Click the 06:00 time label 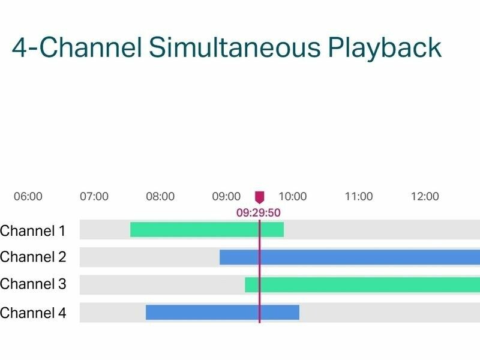28,196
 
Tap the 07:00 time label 94,196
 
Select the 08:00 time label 160,196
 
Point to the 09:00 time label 226,196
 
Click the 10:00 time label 293,196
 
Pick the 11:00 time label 359,196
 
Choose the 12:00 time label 425,196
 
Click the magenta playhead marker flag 260,197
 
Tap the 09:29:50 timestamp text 259,212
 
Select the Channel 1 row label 33,231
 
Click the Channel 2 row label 33,257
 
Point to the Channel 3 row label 33,284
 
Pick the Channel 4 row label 33,313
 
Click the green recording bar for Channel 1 207,230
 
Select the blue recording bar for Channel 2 350,257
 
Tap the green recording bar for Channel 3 362,284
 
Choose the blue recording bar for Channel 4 223,313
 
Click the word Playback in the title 385,48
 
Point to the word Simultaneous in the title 235,47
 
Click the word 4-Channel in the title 77,47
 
